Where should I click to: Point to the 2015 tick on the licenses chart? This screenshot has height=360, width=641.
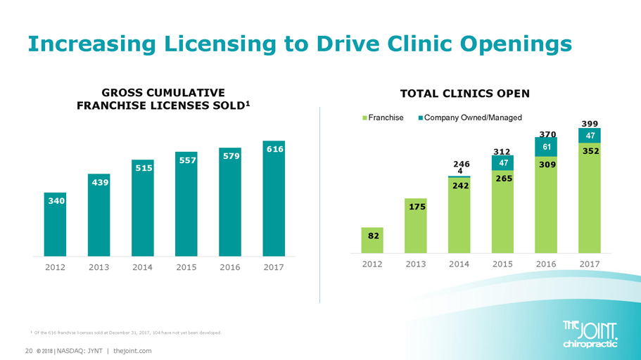(186, 268)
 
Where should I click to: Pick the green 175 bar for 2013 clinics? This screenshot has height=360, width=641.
(415, 224)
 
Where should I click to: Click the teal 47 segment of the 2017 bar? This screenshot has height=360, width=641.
(590, 134)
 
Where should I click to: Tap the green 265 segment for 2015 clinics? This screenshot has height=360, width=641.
(502, 211)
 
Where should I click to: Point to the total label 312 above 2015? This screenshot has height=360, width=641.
(502, 150)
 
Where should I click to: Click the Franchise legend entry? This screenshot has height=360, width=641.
(383, 117)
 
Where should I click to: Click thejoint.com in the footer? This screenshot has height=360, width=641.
(133, 350)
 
